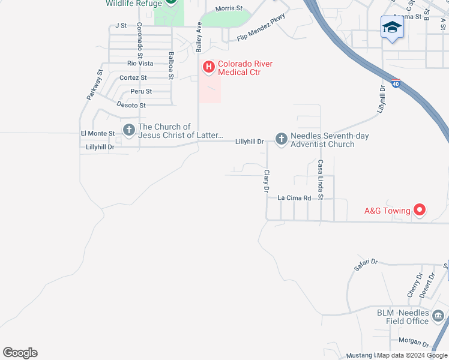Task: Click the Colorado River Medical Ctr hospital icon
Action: (x=209, y=67)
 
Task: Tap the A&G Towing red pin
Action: (x=420, y=210)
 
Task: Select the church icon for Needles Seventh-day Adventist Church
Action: (x=281, y=139)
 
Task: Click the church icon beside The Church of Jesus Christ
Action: (x=128, y=130)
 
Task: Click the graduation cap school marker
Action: (x=391, y=27)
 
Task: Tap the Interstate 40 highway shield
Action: (x=395, y=84)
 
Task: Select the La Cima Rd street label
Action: (x=294, y=197)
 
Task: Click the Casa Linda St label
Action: (x=321, y=179)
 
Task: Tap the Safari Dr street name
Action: (x=366, y=265)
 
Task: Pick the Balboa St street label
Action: (x=171, y=65)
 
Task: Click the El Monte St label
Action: (x=97, y=133)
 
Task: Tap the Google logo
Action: (x=20, y=353)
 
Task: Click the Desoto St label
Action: (x=131, y=105)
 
